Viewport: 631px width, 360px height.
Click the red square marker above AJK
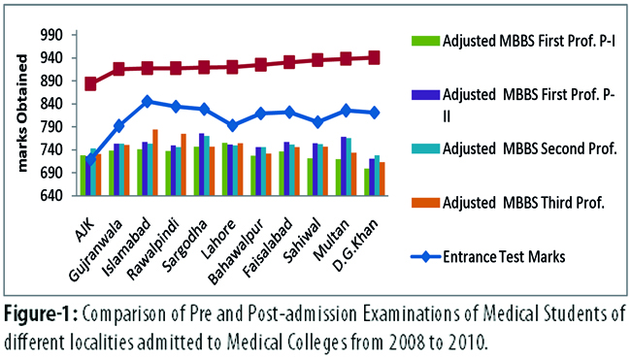[x=90, y=84]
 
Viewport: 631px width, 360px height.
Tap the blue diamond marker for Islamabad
[x=148, y=101]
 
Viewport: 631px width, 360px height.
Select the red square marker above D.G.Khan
[x=375, y=57]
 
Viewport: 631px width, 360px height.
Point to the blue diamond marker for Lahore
[x=232, y=125]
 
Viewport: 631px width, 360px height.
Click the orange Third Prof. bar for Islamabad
[x=155, y=162]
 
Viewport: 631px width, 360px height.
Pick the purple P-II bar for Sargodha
[x=202, y=165]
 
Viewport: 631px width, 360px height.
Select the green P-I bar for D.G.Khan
[x=367, y=182]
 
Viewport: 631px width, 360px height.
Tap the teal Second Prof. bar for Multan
[x=349, y=167]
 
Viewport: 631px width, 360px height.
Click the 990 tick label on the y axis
[x=51, y=35]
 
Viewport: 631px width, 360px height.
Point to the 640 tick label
[x=51, y=196]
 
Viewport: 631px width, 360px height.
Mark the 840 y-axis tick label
[x=51, y=104]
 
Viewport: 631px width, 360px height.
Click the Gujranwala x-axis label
[x=94, y=250]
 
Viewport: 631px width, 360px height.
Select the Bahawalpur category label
[x=236, y=251]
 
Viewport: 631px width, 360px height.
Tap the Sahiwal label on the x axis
[x=302, y=241]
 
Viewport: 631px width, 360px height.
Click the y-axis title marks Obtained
[x=22, y=113]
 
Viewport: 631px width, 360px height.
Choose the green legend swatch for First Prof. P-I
[x=425, y=41]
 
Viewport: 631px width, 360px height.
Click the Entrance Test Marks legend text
[x=504, y=256]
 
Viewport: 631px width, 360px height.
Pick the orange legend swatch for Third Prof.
[x=425, y=203]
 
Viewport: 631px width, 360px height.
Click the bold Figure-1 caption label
[x=41, y=314]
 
